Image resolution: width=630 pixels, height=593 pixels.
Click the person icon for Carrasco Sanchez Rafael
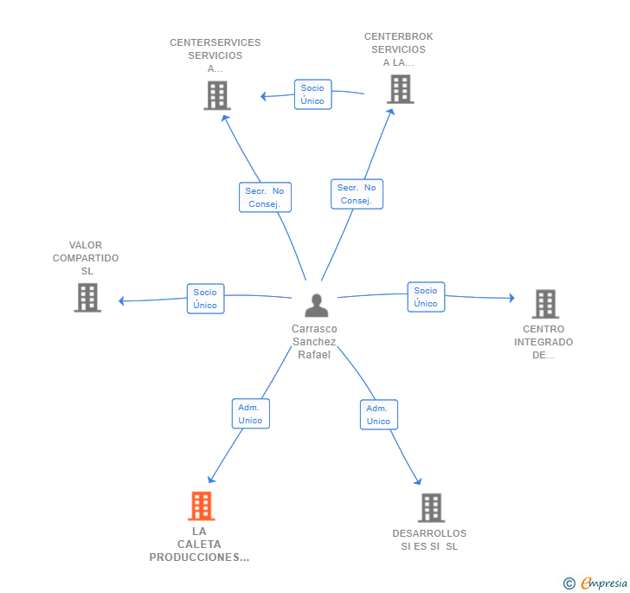317,305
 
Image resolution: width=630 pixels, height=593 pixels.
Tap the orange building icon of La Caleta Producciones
202,506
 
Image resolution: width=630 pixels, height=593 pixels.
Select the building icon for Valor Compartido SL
87,298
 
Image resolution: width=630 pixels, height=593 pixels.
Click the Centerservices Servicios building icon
217,95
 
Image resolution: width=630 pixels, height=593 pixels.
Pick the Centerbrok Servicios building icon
401,89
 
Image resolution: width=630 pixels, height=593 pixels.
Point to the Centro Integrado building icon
545,304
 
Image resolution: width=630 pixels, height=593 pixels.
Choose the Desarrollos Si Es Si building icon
432,507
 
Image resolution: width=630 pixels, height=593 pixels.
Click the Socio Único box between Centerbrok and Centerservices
313,94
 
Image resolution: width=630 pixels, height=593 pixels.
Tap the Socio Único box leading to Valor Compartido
206,299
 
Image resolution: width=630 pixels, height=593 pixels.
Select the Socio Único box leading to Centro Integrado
427,297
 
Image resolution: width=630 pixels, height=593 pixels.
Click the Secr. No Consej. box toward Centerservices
265,197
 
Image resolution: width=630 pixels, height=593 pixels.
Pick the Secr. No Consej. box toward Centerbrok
357,194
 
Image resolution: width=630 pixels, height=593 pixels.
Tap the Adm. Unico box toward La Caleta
251,414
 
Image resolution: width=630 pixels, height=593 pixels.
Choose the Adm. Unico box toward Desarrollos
379,415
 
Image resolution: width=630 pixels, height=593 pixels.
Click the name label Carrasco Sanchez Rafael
314,342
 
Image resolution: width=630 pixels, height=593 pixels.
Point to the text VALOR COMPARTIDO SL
86,258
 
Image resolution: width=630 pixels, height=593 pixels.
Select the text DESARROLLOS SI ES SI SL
429,539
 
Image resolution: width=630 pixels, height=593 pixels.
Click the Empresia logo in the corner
595,583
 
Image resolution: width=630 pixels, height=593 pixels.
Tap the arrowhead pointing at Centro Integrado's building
512,298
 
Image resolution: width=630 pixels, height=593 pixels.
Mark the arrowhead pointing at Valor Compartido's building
121,300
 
